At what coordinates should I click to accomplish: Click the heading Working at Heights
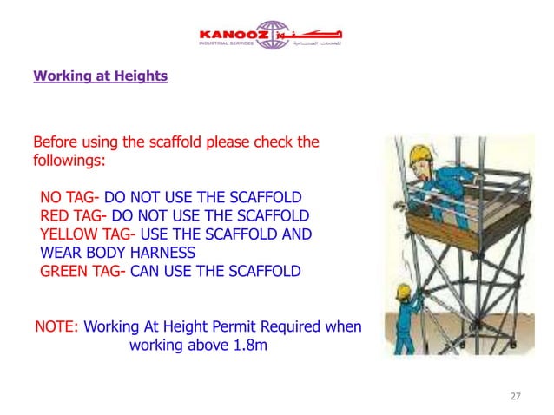click(x=100, y=76)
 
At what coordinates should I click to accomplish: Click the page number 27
click(x=515, y=397)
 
